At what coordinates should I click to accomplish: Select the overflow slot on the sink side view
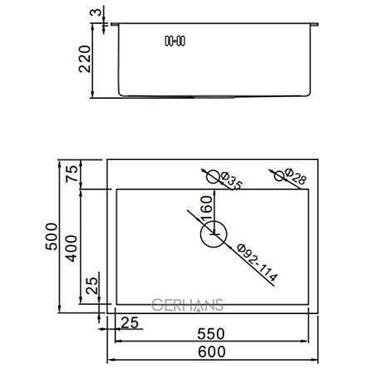tap(176, 40)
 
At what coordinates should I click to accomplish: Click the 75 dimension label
tap(72, 174)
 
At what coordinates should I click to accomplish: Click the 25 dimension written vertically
tap(92, 287)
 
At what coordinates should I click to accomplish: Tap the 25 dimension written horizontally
tap(130, 321)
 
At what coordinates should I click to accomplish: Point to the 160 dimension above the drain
tap(208, 205)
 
